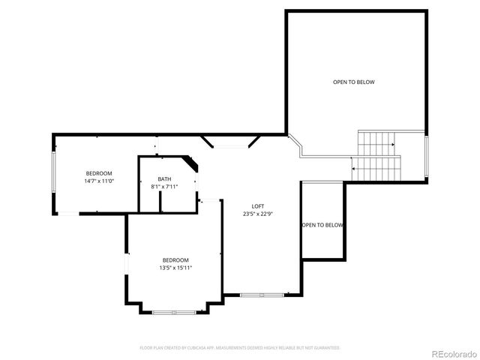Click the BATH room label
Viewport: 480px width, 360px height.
(163, 178)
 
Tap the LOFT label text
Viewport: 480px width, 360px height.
(257, 206)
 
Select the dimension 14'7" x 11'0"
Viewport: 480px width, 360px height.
(98, 181)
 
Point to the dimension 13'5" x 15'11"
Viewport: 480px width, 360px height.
(175, 267)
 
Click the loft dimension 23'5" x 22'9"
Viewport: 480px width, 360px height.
(257, 214)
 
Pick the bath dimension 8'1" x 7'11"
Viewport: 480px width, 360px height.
(163, 186)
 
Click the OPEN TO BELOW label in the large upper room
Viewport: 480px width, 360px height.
(353, 82)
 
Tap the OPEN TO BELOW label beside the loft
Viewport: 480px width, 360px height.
(322, 225)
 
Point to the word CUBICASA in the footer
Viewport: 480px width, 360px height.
(202, 348)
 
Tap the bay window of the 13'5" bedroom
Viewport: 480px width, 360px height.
(174, 311)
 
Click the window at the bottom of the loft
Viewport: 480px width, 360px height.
(262, 295)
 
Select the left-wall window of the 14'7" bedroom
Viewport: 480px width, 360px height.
(52, 173)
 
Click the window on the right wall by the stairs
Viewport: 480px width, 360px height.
(426, 158)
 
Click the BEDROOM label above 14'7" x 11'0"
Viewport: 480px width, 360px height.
(98, 173)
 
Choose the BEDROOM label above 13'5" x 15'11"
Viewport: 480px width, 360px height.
(175, 259)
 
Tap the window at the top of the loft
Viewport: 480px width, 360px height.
(232, 145)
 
